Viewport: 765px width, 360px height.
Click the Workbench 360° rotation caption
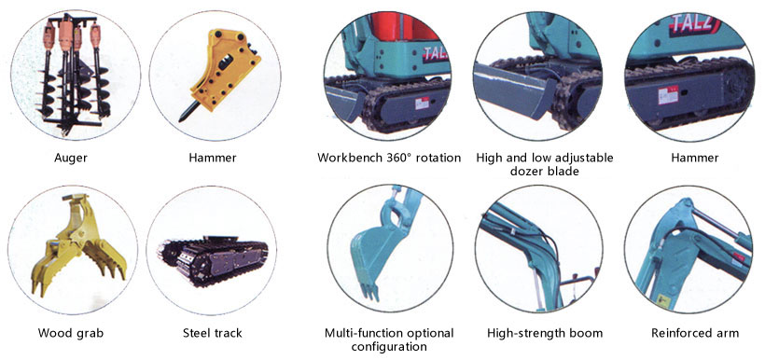pos(389,158)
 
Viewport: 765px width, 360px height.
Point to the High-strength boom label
pos(545,333)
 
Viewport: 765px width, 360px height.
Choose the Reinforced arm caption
pos(694,333)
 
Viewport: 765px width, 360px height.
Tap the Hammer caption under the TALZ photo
pos(694,158)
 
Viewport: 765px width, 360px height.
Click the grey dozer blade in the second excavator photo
pos(508,91)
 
